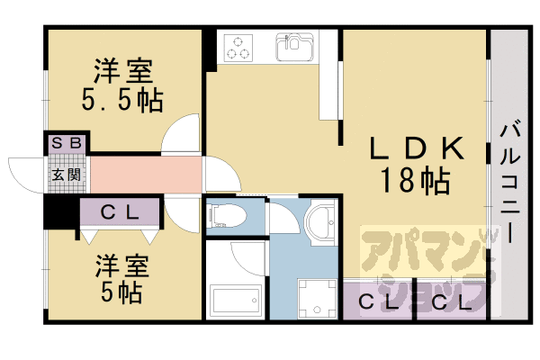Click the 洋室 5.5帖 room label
[122, 85]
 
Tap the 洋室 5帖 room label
[122, 278]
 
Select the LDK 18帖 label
[416, 165]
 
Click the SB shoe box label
[67, 142]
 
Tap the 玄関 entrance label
[67, 175]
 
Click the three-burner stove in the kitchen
[238, 48]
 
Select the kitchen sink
[294, 47]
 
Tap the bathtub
[236, 299]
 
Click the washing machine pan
[317, 298]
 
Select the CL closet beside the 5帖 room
[120, 212]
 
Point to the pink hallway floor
[146, 175]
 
